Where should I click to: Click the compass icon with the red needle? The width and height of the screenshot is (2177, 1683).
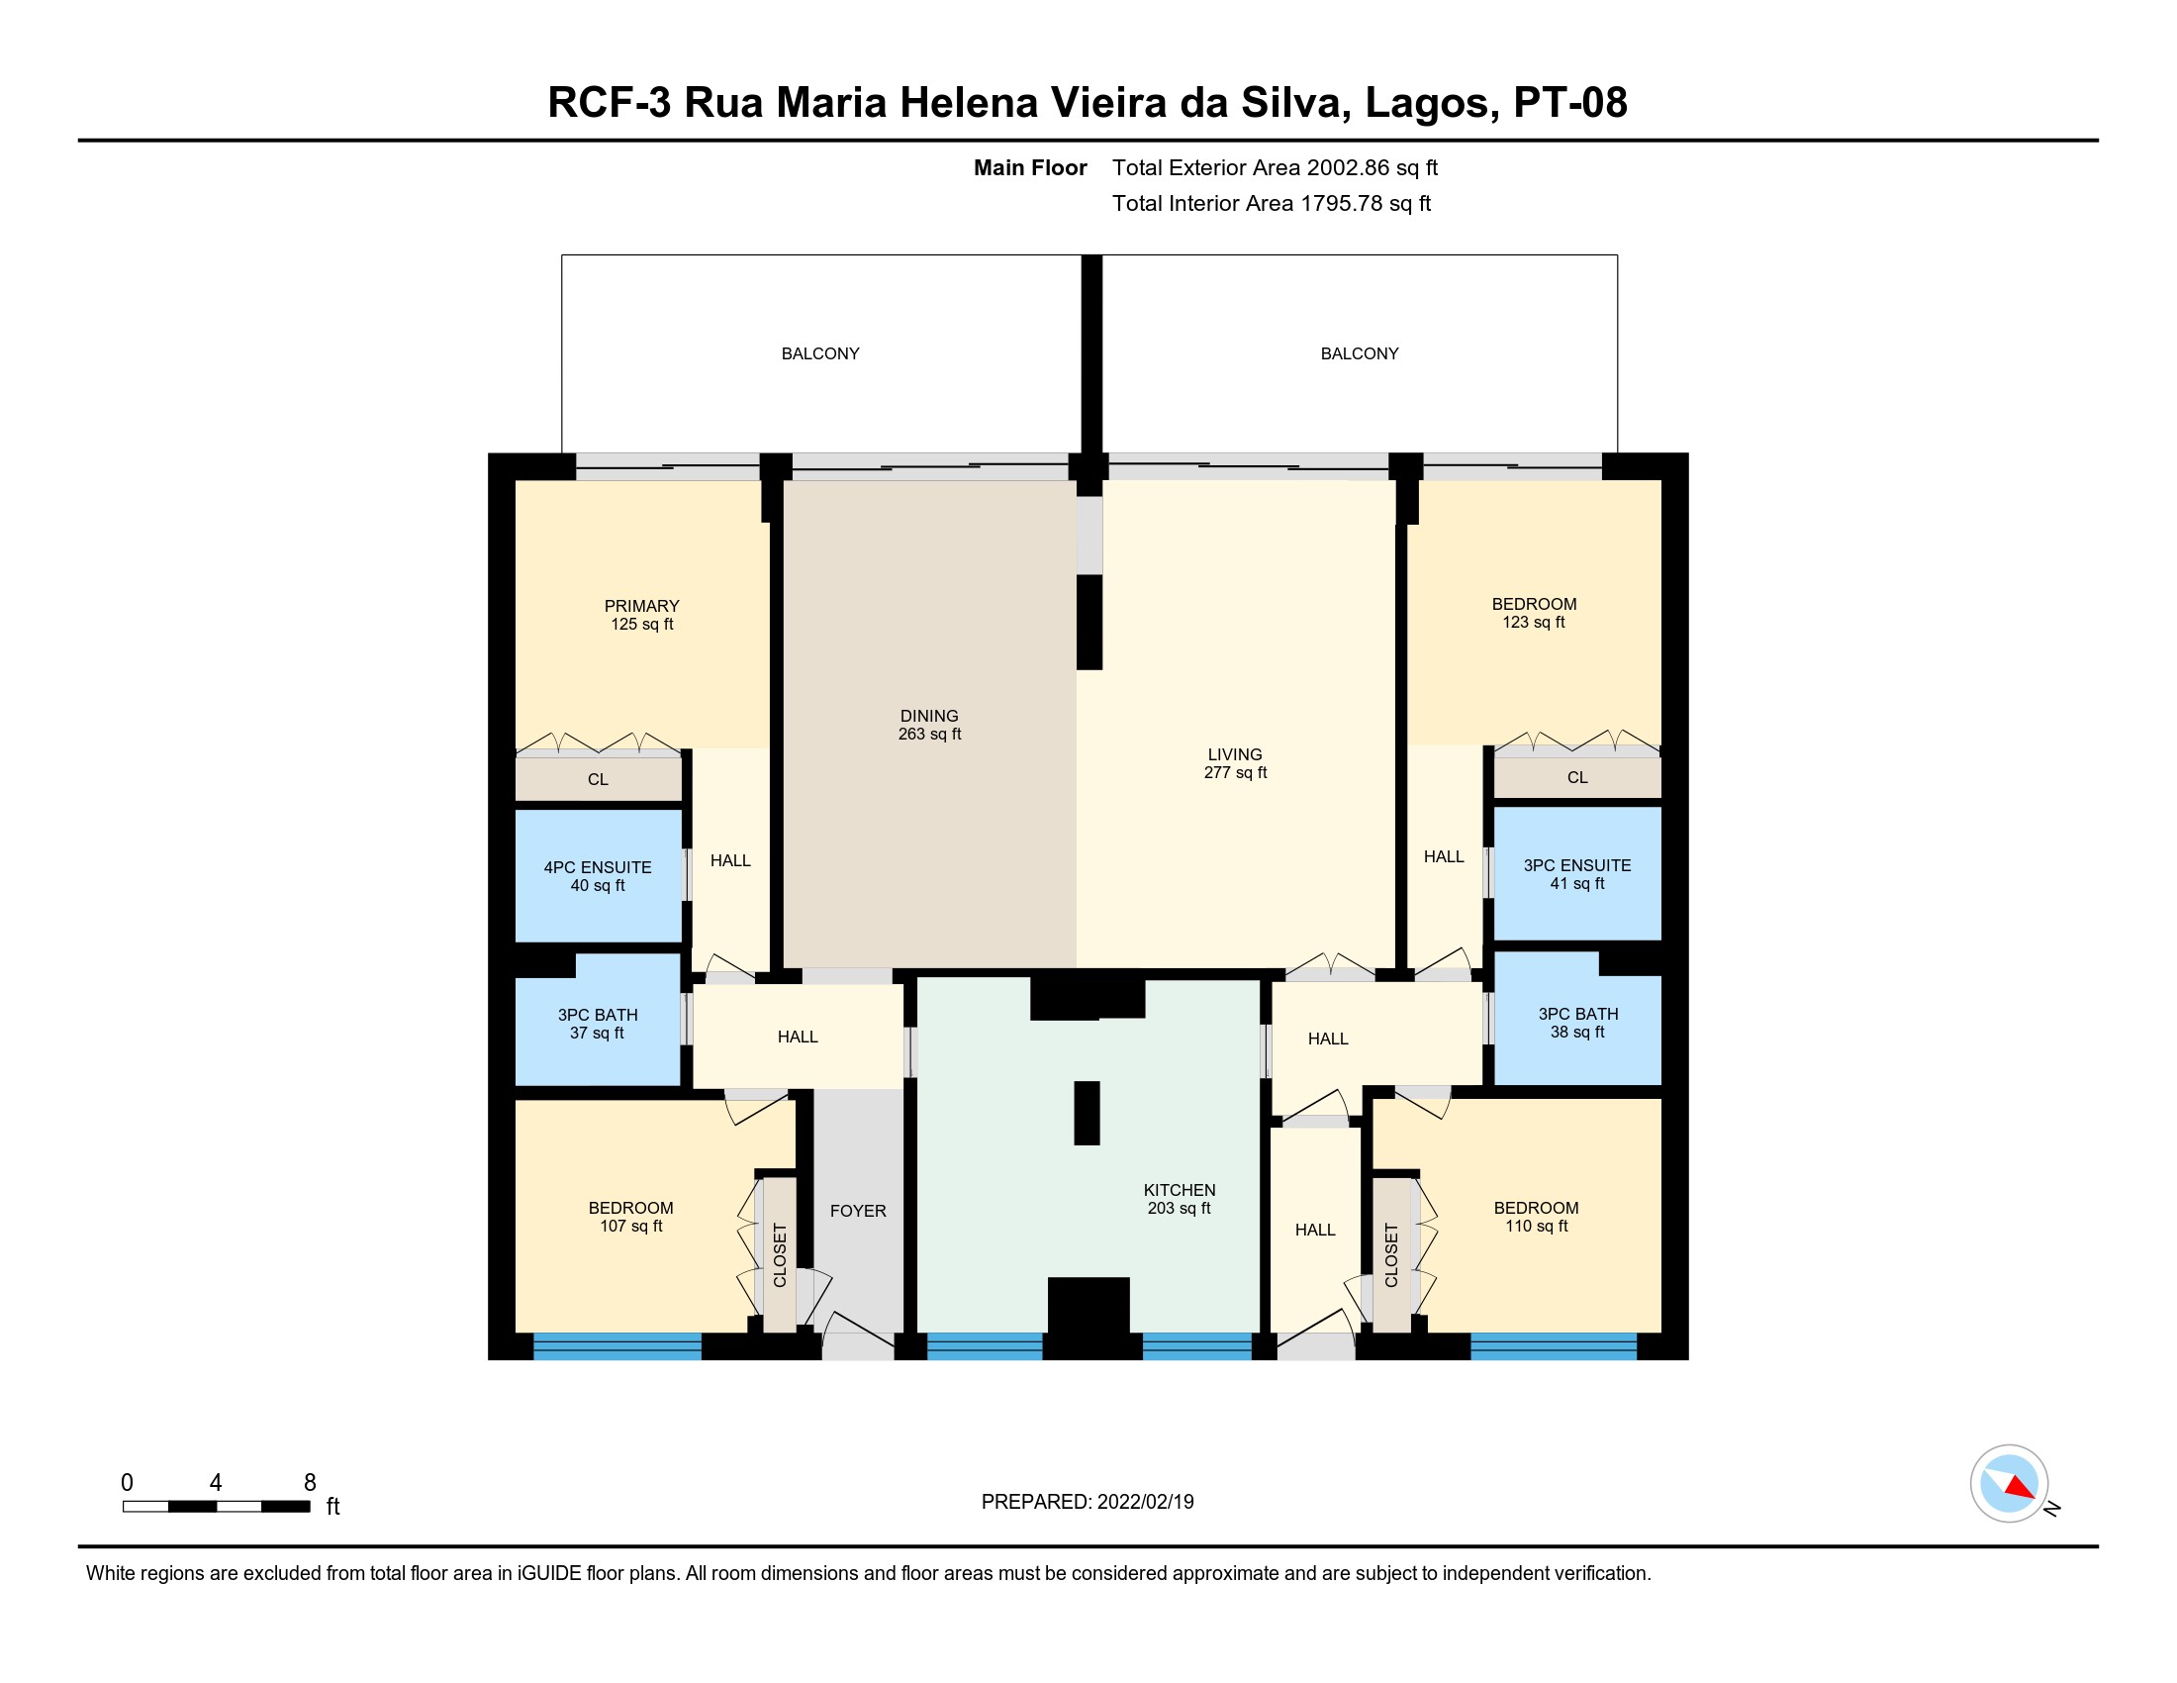pos(2009,1483)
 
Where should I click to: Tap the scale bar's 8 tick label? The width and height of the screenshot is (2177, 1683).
pos(310,1483)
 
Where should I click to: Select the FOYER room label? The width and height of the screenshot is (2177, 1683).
pos(858,1212)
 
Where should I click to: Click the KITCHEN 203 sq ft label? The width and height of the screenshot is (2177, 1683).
pos(1180,1200)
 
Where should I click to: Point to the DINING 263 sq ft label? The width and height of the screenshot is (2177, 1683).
pos(929,725)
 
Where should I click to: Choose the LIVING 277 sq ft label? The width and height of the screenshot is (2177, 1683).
pos(1235,763)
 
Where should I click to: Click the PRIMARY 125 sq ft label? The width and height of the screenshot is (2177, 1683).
pos(642,615)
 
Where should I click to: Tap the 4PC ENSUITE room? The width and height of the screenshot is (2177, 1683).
pos(598,875)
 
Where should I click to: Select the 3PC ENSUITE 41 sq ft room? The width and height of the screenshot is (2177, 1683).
pos(1577,873)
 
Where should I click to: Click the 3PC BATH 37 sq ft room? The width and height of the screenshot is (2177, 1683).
pos(597,1020)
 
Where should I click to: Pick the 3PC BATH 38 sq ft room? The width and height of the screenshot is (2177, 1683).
pos(1577,1018)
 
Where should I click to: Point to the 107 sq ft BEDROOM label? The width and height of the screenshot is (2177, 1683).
pos(631,1218)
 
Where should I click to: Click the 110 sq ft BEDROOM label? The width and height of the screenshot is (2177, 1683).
pos(1536,1218)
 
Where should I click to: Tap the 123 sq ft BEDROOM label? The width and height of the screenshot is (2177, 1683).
pos(1534,613)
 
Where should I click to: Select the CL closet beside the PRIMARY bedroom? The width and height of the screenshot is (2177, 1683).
pos(598,780)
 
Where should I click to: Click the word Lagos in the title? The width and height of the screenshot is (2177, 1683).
pos(1431,103)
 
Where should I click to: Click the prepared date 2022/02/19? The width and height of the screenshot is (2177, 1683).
pos(1145,1502)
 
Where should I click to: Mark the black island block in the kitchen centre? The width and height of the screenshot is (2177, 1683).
pos(1087,1113)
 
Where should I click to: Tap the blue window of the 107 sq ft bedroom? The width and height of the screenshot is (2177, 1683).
pos(617,1347)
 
